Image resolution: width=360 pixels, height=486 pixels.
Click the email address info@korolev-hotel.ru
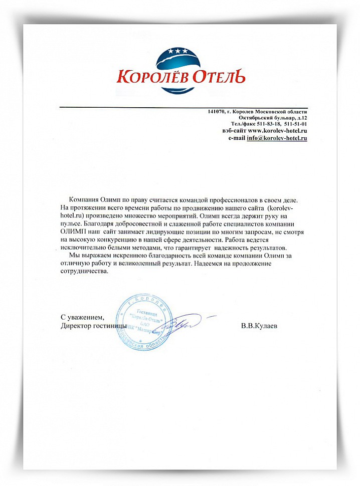[277, 137]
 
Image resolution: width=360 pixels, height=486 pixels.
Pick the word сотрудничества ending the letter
[84, 271]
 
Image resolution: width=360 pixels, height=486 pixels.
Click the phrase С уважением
[83, 318]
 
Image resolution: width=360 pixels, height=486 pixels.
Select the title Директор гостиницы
[93, 326]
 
